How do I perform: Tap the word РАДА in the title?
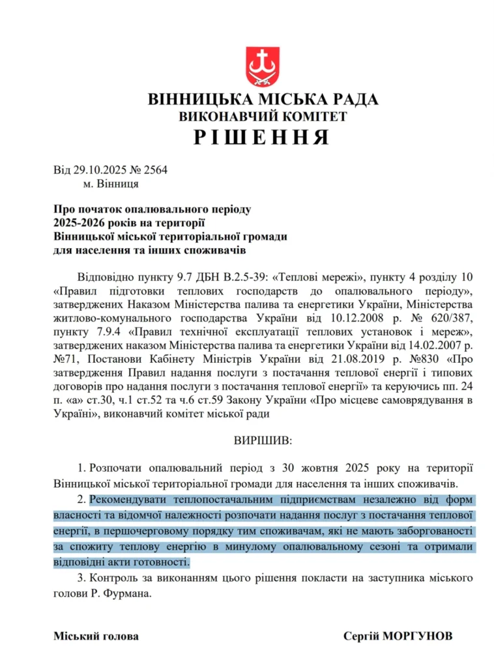[x=349, y=99]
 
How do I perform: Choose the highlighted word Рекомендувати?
[x=128, y=501]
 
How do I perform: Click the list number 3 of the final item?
[x=80, y=578]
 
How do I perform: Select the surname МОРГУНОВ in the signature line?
[x=415, y=636]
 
